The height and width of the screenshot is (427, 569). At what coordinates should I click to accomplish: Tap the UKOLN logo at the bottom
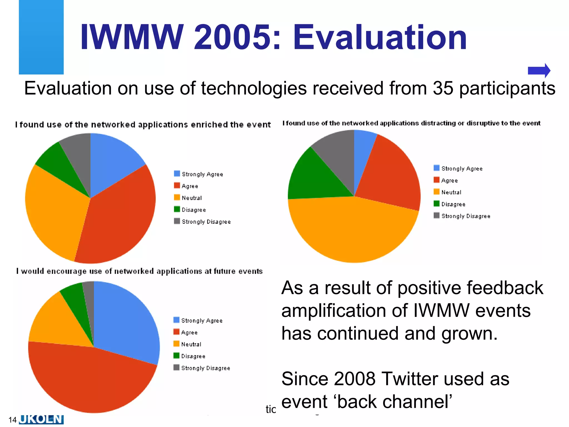(41, 419)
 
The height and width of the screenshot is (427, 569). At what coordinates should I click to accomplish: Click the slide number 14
(13, 420)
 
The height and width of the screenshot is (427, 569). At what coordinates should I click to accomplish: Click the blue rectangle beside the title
(41, 37)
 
